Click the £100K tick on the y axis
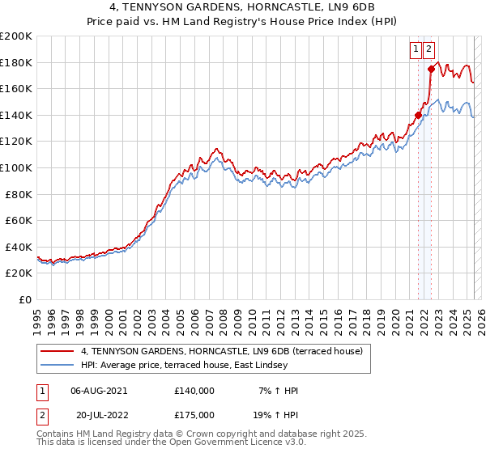pyautogui.click(x=16, y=167)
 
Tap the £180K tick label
pyautogui.click(x=16, y=62)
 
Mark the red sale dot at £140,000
pyautogui.click(x=418, y=115)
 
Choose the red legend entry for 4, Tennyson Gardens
pyautogui.click(x=226, y=351)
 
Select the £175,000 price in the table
pyautogui.click(x=194, y=414)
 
